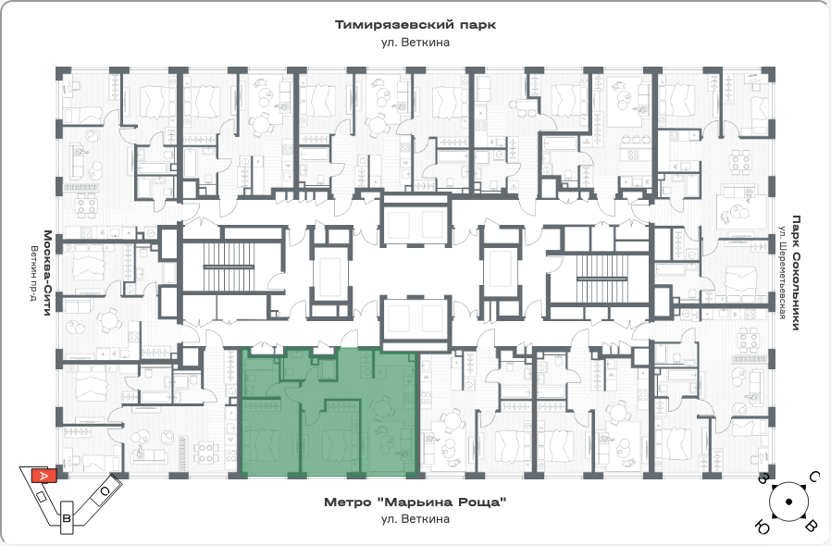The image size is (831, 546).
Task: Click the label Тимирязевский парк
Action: coord(415,25)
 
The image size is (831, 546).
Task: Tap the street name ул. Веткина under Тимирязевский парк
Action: coord(415,43)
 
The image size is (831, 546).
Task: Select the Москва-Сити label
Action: coord(48,273)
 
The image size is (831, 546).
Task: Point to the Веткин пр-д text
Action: coord(34,273)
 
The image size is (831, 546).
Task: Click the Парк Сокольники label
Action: coord(796,272)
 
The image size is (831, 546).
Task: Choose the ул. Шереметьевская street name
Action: coord(782,272)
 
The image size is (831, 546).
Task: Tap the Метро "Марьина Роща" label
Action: coord(415,502)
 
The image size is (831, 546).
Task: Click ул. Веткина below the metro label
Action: coord(415,519)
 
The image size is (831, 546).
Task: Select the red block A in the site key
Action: coord(44,476)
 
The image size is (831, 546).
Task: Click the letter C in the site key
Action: coord(105,492)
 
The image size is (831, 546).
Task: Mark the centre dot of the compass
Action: coord(788,502)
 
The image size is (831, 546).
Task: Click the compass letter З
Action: coord(763,478)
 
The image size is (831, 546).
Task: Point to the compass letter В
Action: coord(811,526)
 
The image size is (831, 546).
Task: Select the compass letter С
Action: coord(814,478)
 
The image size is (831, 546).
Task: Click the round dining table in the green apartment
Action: coord(380,409)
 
